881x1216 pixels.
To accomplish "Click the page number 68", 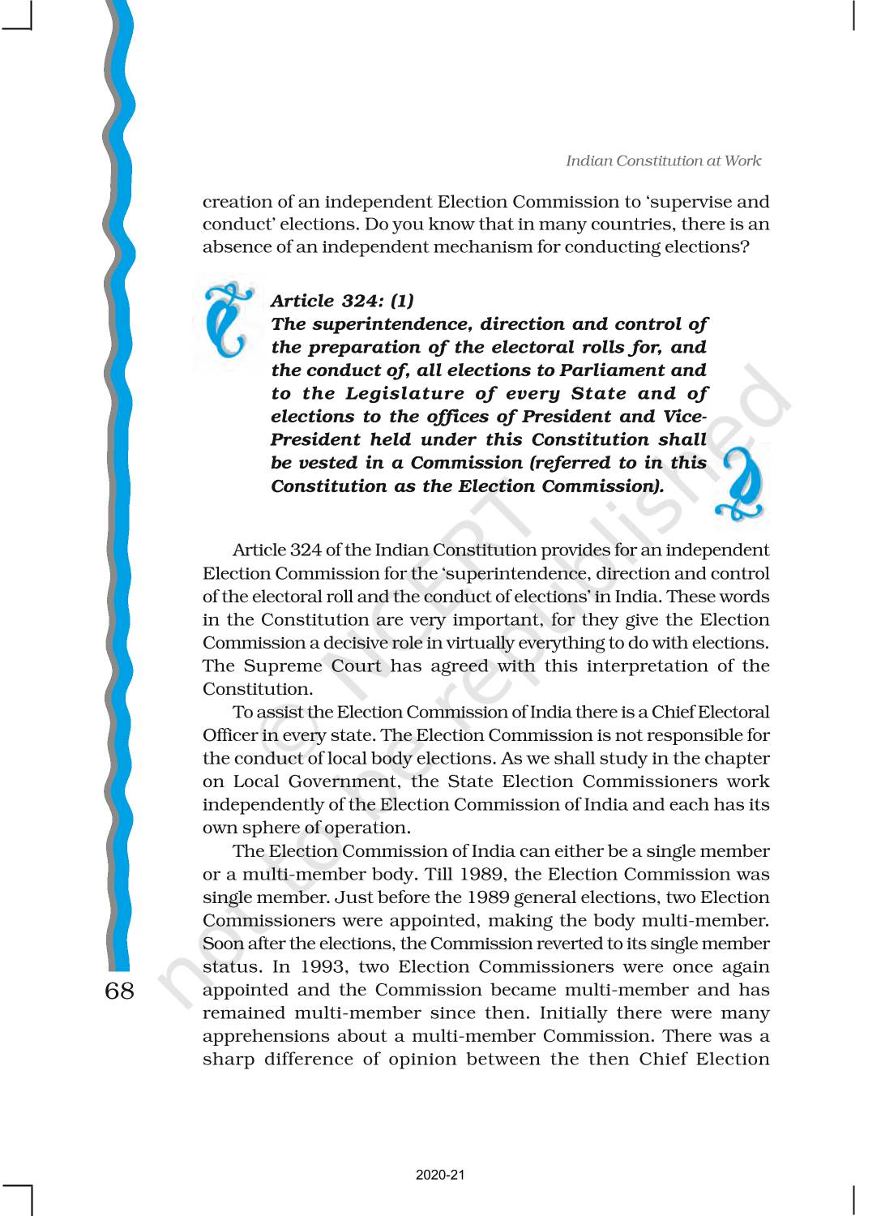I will pyautogui.click(x=119, y=991).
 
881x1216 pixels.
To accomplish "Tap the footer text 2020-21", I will pyautogui.click(x=440, y=1175).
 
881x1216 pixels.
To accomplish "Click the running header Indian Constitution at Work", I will pyautogui.click(x=663, y=161).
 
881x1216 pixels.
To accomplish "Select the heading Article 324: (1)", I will pyautogui.click(x=342, y=301).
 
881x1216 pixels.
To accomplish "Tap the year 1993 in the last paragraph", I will pyautogui.click(x=323, y=967).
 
